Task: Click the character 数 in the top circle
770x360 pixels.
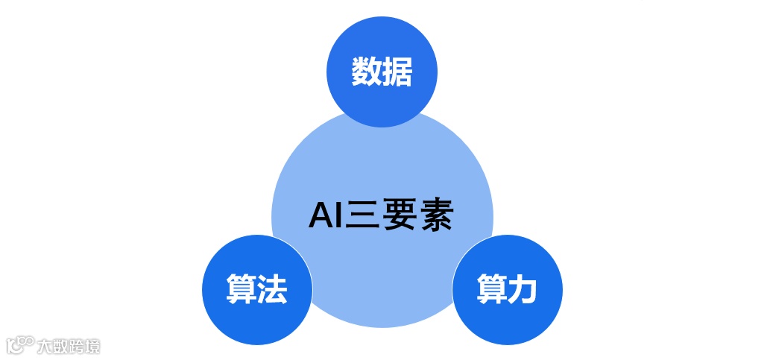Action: click(x=366, y=73)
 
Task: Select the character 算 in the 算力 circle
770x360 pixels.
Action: click(x=492, y=290)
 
